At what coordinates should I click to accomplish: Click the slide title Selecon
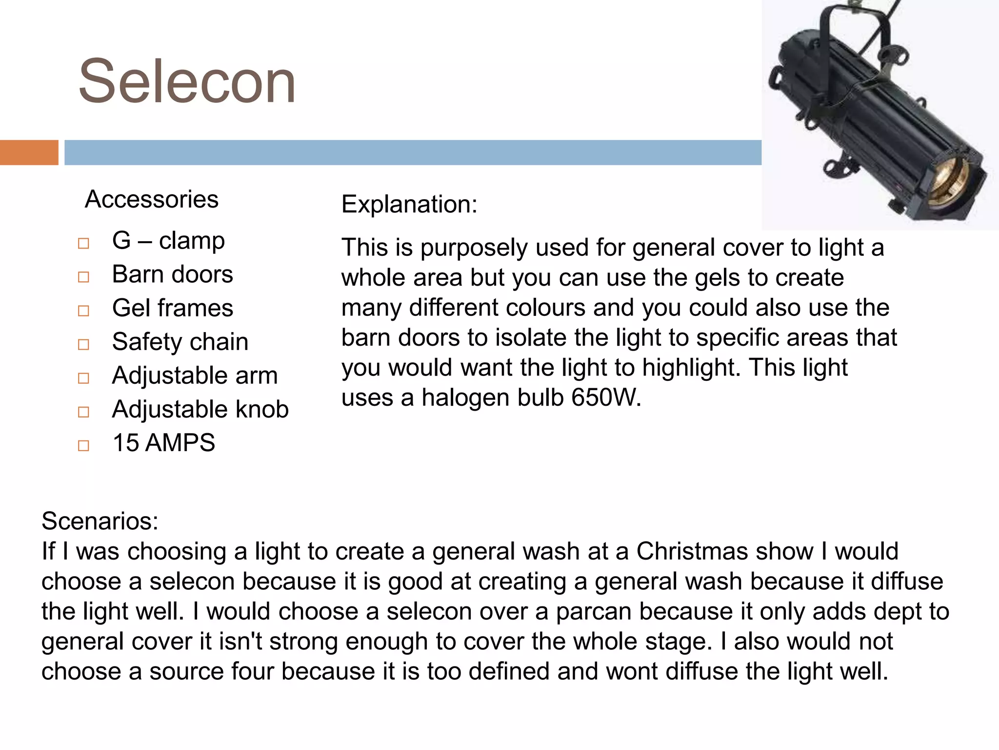(187, 82)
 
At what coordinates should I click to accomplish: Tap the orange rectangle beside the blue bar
(29, 152)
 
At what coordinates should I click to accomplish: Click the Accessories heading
(151, 199)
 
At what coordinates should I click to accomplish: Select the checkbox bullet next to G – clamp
(83, 243)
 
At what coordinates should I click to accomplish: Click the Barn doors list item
(172, 274)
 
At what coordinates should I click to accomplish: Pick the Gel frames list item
(172, 308)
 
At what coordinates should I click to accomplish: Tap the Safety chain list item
(180, 341)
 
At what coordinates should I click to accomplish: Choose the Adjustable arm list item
(195, 375)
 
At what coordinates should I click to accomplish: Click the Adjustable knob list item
(200, 409)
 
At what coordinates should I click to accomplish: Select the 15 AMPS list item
(163, 443)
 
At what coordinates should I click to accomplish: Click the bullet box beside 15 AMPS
(83, 445)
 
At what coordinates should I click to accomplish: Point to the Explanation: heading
(409, 204)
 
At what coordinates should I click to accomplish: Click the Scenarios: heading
(100, 521)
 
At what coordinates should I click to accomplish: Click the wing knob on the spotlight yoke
(894, 56)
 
